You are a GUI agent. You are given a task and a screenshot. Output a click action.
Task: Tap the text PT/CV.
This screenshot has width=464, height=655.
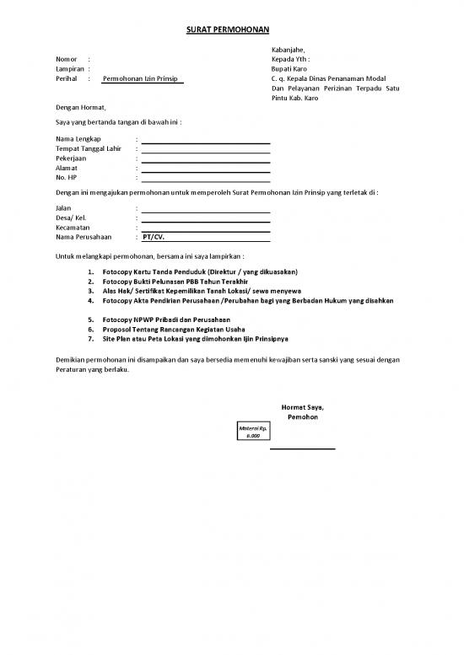[154, 237]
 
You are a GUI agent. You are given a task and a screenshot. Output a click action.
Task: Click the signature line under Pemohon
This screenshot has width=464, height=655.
[302, 448]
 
